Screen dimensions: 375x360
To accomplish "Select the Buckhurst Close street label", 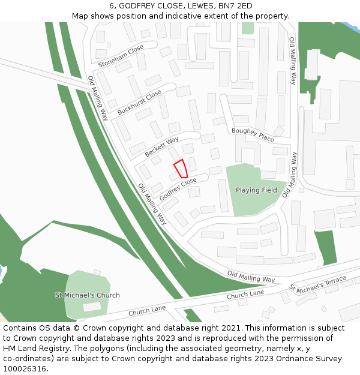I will (x=139, y=103).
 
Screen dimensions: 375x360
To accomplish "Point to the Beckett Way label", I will (x=162, y=146).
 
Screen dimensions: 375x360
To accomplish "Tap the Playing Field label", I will (x=256, y=190).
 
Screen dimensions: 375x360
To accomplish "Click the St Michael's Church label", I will (x=88, y=295).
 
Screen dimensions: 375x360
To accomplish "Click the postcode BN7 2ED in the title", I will (x=235, y=6).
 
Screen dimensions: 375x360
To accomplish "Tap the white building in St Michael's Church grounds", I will (x=91, y=307).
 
